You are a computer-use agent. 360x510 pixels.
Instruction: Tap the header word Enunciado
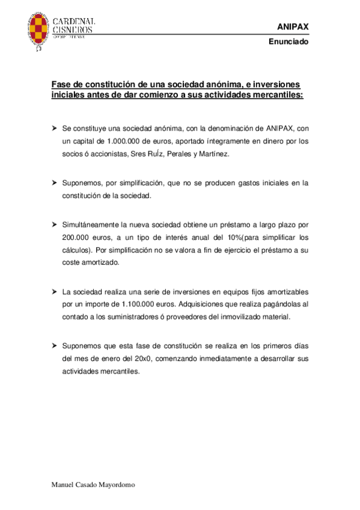click(288, 43)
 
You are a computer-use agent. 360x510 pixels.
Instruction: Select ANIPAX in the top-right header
click(291, 27)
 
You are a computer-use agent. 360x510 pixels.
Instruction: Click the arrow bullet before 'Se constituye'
click(54, 129)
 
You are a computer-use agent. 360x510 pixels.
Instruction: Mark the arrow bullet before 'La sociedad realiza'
click(54, 292)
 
